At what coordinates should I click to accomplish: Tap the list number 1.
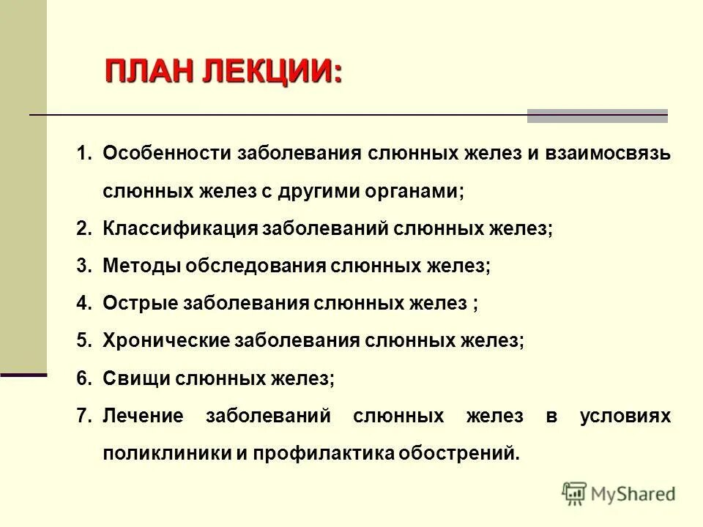pyautogui.click(x=83, y=154)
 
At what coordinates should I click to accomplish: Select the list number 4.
pyautogui.click(x=83, y=303)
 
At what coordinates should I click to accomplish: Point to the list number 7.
pyautogui.click(x=83, y=416)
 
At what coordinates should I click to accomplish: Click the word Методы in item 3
pyautogui.click(x=142, y=266)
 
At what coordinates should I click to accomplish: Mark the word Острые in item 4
pyautogui.click(x=140, y=303)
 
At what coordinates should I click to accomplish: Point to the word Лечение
pyautogui.click(x=143, y=416)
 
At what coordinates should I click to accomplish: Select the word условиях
pyautogui.click(x=634, y=416)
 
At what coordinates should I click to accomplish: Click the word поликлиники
pyautogui.click(x=166, y=453)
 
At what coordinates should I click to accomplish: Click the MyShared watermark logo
pyautogui.click(x=619, y=494)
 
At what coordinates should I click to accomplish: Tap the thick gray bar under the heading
pyautogui.click(x=597, y=116)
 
